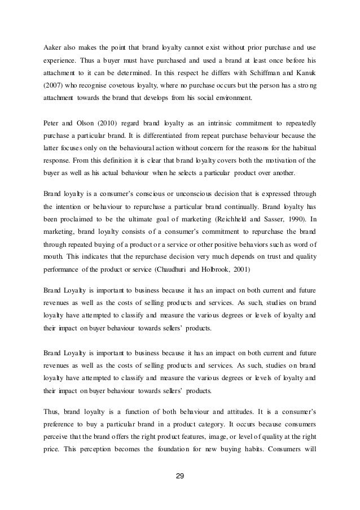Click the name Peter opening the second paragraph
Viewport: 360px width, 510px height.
pyautogui.click(x=52, y=121)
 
